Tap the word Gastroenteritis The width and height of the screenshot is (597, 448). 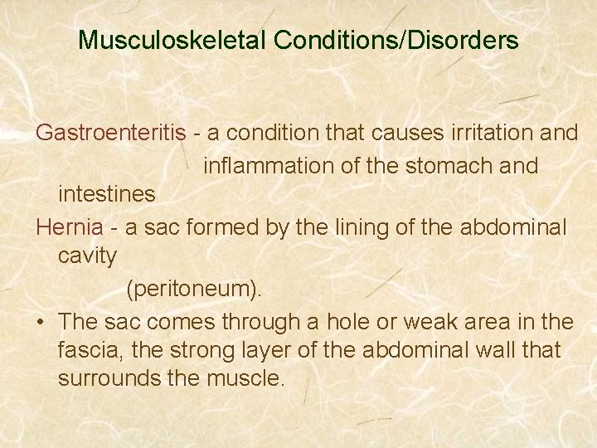point(109,134)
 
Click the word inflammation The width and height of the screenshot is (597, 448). point(269,165)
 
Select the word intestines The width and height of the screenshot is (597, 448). point(106,194)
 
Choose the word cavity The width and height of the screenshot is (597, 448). point(87,256)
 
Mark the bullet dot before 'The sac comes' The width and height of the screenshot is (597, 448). point(40,322)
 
